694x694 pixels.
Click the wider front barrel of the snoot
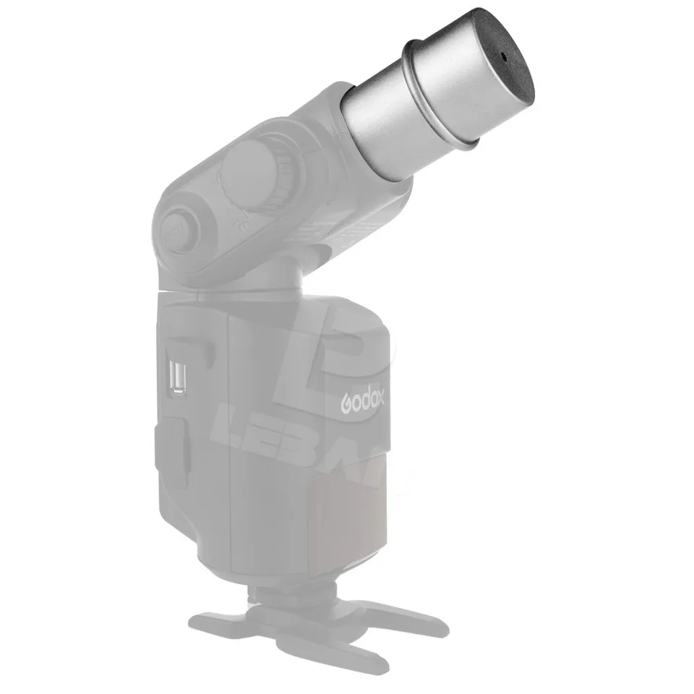463,87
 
